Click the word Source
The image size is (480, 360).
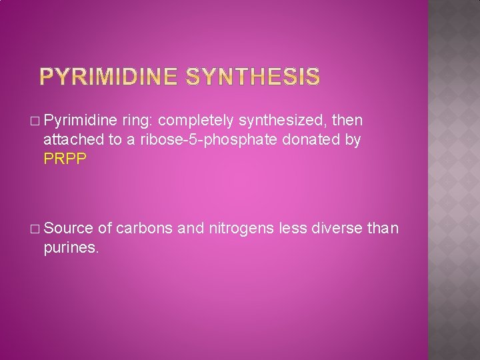[x=69, y=229]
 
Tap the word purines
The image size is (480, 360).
[x=71, y=249]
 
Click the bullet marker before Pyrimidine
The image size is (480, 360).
[x=35, y=121]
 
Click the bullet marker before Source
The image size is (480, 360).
[x=35, y=229]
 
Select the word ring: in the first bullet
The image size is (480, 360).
[x=137, y=121]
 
